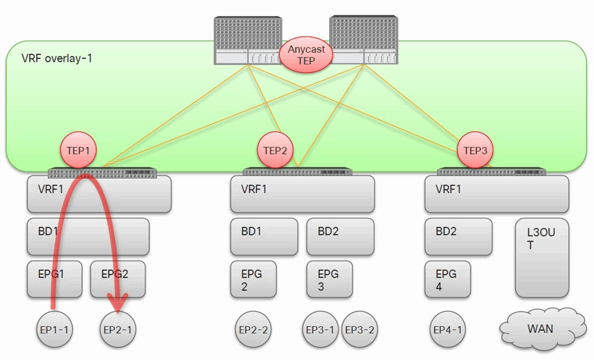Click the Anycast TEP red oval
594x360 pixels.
(x=306, y=55)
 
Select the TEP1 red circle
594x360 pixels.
(x=78, y=151)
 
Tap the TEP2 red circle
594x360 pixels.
(x=275, y=151)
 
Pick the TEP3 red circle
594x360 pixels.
(x=475, y=151)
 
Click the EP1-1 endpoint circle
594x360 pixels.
(x=55, y=329)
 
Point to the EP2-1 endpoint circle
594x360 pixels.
(x=118, y=329)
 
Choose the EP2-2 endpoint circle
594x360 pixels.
(x=253, y=329)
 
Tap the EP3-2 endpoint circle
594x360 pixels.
(x=360, y=329)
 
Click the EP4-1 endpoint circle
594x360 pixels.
(x=447, y=329)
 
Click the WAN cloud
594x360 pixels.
(x=541, y=328)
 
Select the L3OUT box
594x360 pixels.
(x=542, y=257)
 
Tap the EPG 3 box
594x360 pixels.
(x=330, y=279)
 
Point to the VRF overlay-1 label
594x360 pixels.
(x=57, y=59)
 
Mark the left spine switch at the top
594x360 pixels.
(x=248, y=40)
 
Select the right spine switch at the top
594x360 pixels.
(x=364, y=40)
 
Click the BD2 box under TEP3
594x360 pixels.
(x=458, y=236)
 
